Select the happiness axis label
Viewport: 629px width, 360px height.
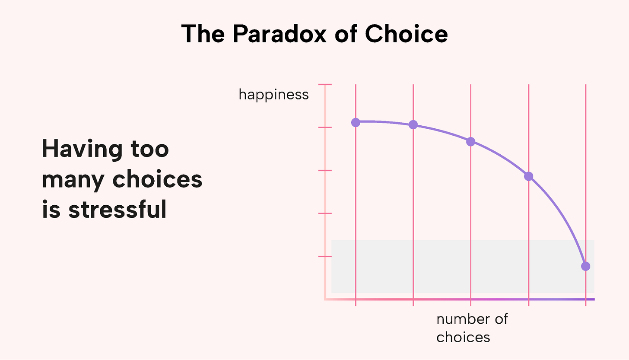click(273, 95)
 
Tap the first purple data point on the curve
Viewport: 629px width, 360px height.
click(356, 122)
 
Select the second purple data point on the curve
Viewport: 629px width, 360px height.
click(413, 125)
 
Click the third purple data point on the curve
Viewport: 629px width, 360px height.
click(471, 141)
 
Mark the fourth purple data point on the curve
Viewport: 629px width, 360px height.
click(528, 176)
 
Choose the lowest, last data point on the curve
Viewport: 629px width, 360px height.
click(585, 266)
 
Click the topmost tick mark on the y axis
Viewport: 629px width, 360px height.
click(325, 85)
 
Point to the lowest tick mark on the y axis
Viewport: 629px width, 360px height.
click(325, 257)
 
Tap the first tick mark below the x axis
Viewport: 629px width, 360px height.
click(356, 303)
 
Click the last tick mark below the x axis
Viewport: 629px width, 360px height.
click(585, 303)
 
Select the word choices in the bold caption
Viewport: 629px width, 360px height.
click(158, 180)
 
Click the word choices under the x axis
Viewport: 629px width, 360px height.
click(463, 337)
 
